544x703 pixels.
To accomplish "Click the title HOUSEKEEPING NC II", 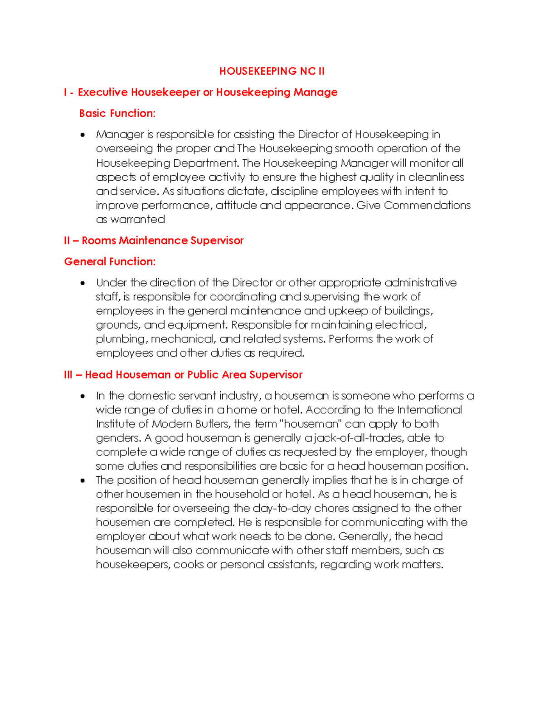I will [x=272, y=71].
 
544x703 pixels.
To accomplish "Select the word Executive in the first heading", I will [x=102, y=92].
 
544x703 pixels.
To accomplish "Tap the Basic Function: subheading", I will [x=117, y=113].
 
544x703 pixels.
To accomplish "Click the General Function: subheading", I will [x=110, y=262].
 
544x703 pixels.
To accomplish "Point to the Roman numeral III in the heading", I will [x=68, y=375].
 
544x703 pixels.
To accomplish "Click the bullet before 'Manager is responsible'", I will [x=83, y=135].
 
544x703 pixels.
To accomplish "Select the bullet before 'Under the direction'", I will [x=83, y=283].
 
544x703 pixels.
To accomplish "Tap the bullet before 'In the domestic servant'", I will [x=83, y=397].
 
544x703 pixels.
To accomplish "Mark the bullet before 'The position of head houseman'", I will [x=83, y=481].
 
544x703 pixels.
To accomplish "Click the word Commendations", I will [x=427, y=206].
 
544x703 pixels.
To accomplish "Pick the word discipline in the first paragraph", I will [x=294, y=191].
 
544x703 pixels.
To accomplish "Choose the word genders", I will [x=118, y=438].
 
